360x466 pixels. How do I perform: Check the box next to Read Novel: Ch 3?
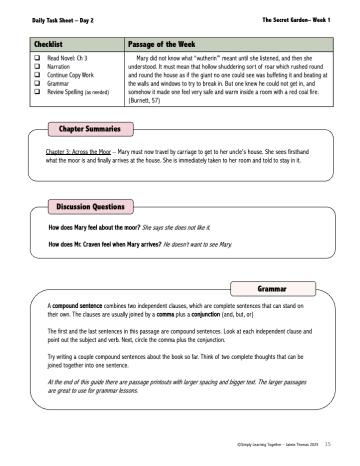pyautogui.click(x=37, y=58)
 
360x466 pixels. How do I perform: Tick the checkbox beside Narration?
pyautogui.click(x=37, y=66)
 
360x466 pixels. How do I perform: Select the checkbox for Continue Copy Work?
pyautogui.click(x=37, y=75)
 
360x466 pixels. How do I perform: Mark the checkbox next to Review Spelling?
pyautogui.click(x=37, y=92)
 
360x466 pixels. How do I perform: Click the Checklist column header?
pyautogui.click(x=48, y=44)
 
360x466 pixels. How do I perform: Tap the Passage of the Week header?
pyautogui.click(x=161, y=44)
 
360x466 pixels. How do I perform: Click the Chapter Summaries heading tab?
pyautogui.click(x=90, y=129)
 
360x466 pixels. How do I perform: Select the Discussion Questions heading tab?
pyautogui.click(x=90, y=206)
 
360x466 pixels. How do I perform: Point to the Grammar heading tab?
pyautogui.click(x=272, y=288)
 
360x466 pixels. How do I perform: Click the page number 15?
pyautogui.click(x=328, y=443)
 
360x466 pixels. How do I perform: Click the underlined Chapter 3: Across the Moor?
pyautogui.click(x=78, y=151)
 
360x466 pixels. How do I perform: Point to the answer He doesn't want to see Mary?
pyautogui.click(x=197, y=244)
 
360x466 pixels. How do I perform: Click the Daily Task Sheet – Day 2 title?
pyautogui.click(x=62, y=20)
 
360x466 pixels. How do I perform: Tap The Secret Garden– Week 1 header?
pyautogui.click(x=296, y=20)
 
